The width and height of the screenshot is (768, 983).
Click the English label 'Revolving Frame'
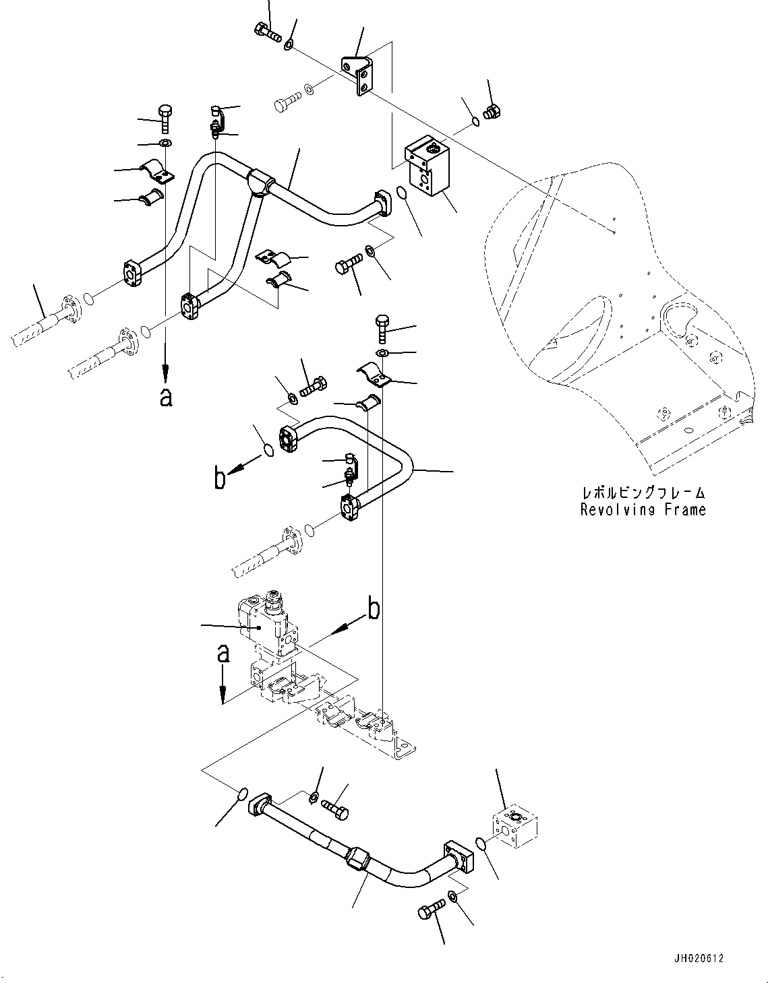(643, 510)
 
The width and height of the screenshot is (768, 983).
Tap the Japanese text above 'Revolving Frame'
(643, 493)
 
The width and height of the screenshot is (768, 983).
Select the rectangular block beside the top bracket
(426, 168)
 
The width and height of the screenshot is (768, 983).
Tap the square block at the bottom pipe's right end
(514, 825)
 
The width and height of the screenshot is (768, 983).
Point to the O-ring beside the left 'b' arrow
(267, 450)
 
